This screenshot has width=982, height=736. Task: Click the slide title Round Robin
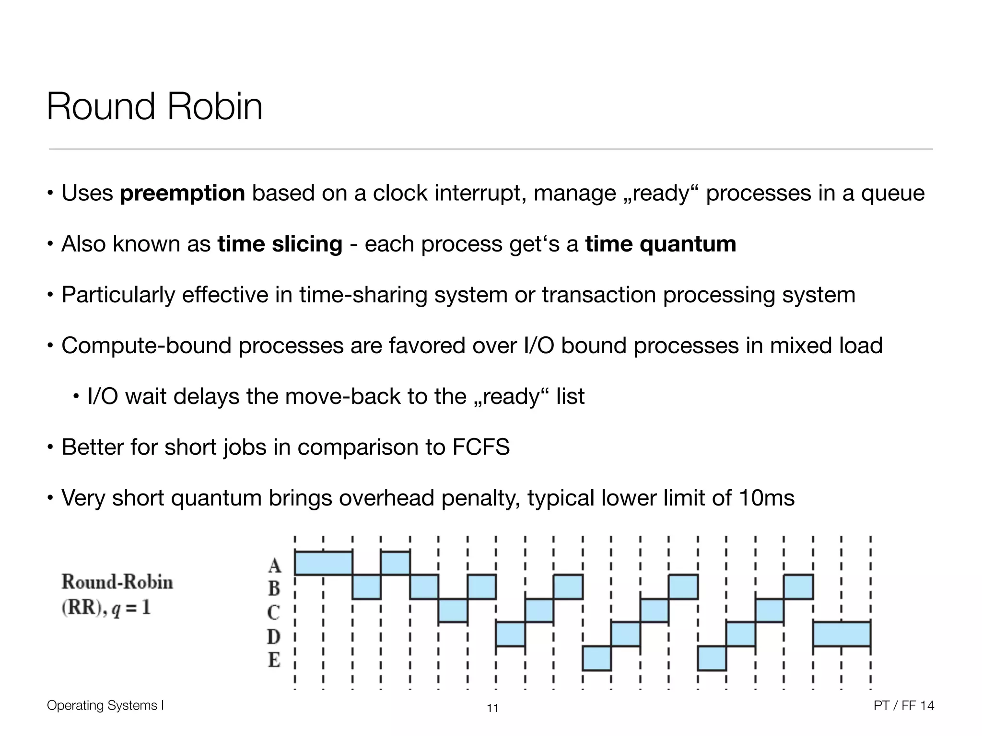tap(154, 106)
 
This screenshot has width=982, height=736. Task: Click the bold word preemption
tap(182, 194)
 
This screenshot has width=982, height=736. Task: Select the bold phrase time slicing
tap(280, 244)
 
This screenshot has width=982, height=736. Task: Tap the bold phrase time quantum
tap(660, 244)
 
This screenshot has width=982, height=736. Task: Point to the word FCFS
tap(481, 448)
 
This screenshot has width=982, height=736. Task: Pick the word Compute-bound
tap(146, 346)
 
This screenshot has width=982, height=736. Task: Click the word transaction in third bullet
tap(599, 295)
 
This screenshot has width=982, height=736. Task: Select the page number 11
tap(492, 708)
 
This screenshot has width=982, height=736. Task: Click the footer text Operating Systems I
tap(105, 705)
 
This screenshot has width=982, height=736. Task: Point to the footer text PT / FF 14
tap(904, 705)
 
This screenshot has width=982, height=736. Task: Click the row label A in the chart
tap(274, 565)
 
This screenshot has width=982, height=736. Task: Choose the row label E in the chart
tap(274, 660)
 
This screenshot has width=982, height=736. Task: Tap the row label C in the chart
tap(274, 612)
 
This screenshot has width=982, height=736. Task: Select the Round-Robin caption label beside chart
tap(117, 582)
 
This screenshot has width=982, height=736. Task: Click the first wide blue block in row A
tap(323, 563)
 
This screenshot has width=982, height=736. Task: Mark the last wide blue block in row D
tap(842, 634)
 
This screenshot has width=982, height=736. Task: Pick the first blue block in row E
tap(596, 658)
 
